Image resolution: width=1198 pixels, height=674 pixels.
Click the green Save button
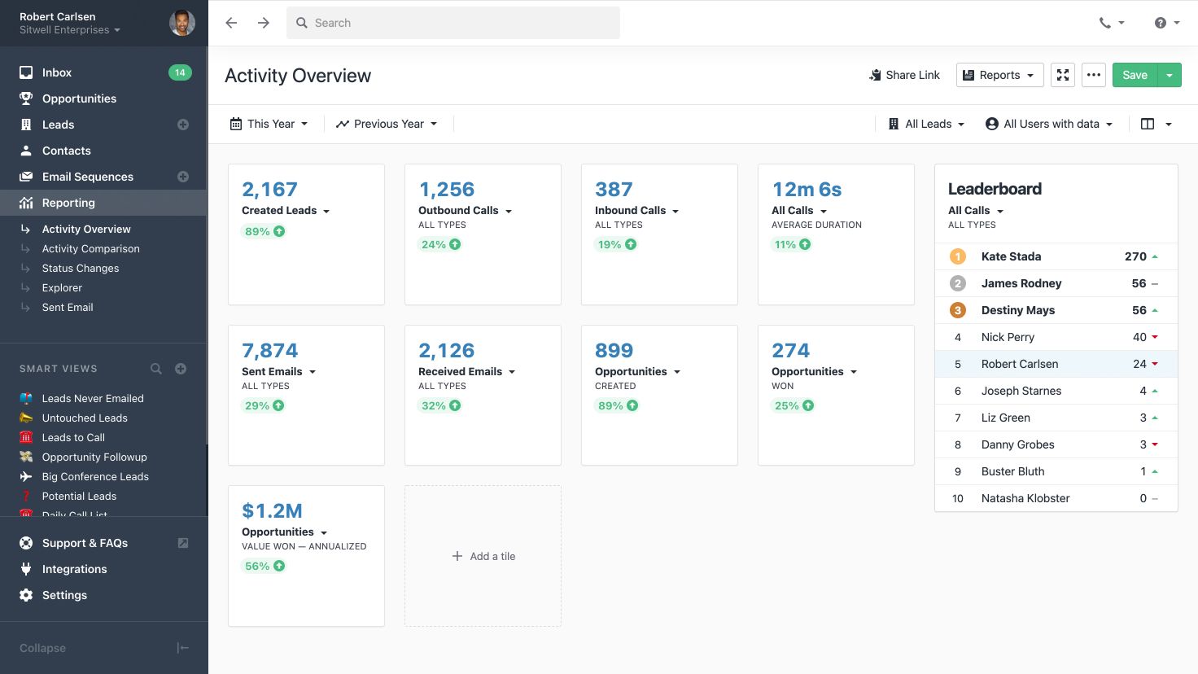tap(1135, 75)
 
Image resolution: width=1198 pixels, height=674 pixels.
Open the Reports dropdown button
tap(999, 75)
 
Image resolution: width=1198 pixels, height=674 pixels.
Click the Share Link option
tap(904, 75)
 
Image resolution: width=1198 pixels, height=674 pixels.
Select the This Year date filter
tap(269, 124)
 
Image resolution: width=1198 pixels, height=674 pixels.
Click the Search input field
tap(453, 23)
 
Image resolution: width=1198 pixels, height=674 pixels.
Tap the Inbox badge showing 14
tap(180, 72)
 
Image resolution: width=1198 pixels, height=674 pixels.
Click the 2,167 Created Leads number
tap(269, 189)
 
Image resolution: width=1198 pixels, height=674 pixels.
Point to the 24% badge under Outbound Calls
tap(440, 244)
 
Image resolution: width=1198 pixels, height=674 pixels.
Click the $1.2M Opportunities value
tap(272, 510)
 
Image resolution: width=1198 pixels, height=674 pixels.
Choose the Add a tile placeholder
tap(483, 556)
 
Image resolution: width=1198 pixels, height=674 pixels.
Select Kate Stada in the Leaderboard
tap(1011, 256)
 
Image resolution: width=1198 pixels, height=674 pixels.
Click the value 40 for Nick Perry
tap(1139, 337)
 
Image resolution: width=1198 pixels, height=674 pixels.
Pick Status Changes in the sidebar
tap(81, 268)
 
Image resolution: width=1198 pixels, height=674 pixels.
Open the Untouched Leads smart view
tap(85, 418)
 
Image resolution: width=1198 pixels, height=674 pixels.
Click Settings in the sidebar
tap(64, 595)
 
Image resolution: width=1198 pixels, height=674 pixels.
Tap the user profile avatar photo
tap(181, 23)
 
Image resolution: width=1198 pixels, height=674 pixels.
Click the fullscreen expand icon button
tap(1063, 75)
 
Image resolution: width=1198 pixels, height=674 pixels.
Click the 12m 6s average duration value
tap(807, 189)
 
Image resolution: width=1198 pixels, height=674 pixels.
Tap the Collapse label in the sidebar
tap(42, 648)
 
